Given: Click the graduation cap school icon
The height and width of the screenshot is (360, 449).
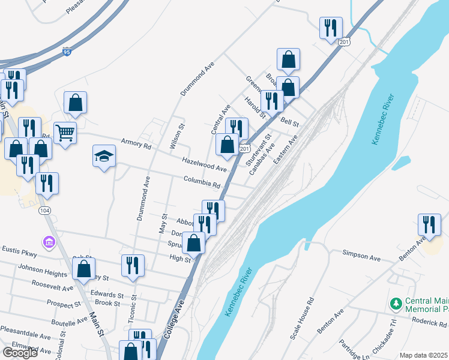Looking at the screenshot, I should coord(104,156).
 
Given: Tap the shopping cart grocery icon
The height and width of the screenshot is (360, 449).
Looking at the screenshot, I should coord(65,132).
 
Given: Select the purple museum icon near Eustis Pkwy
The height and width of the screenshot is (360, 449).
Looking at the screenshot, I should coord(49,242).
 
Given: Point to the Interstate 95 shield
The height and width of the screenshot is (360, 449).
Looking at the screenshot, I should coord(67,53).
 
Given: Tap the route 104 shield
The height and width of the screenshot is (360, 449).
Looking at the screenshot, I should coord(44,211).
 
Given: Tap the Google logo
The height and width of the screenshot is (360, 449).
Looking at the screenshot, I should coord(20,353).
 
